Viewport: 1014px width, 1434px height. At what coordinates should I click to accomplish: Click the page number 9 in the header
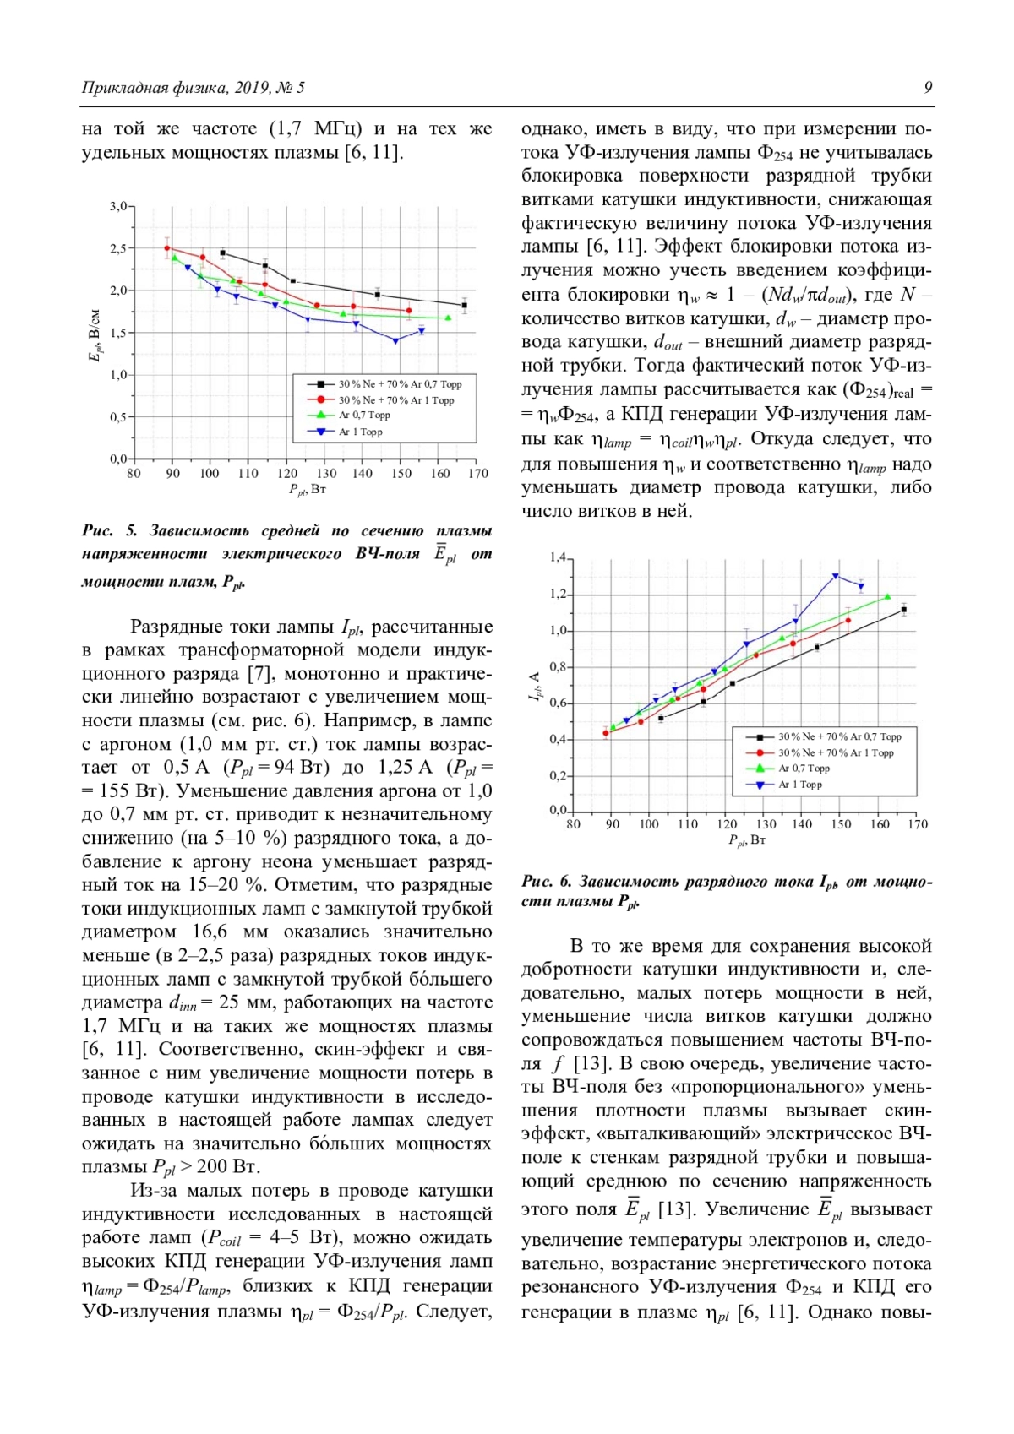click(x=928, y=88)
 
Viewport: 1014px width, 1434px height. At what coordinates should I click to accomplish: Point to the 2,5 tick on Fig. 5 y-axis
click(x=118, y=248)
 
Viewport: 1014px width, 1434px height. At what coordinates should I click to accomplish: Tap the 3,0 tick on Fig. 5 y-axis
click(x=118, y=206)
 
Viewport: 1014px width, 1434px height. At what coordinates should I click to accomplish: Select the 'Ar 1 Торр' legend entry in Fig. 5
click(x=360, y=432)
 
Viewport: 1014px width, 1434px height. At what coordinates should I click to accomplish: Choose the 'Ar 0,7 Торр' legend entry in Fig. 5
click(x=364, y=415)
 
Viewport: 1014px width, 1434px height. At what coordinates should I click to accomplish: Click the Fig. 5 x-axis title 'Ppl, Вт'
click(x=307, y=489)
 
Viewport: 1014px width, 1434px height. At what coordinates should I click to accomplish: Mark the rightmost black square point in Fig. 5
click(x=464, y=306)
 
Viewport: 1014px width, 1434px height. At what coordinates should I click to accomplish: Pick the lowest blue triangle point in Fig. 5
click(x=395, y=341)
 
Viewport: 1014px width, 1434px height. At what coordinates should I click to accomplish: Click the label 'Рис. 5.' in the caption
click(x=109, y=531)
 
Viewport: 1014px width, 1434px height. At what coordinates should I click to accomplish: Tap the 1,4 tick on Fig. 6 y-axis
click(x=558, y=557)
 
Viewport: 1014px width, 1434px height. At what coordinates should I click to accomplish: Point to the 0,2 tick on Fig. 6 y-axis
click(x=558, y=775)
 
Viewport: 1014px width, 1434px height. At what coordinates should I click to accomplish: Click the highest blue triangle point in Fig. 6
click(x=835, y=576)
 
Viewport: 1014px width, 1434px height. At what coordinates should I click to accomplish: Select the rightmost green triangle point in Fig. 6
click(x=887, y=597)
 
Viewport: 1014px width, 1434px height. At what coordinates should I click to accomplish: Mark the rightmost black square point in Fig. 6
click(x=904, y=610)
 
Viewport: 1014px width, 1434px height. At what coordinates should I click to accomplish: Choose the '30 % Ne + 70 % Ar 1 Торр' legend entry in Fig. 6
click(x=835, y=752)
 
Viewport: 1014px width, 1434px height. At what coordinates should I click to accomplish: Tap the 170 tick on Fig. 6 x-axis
click(x=918, y=824)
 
